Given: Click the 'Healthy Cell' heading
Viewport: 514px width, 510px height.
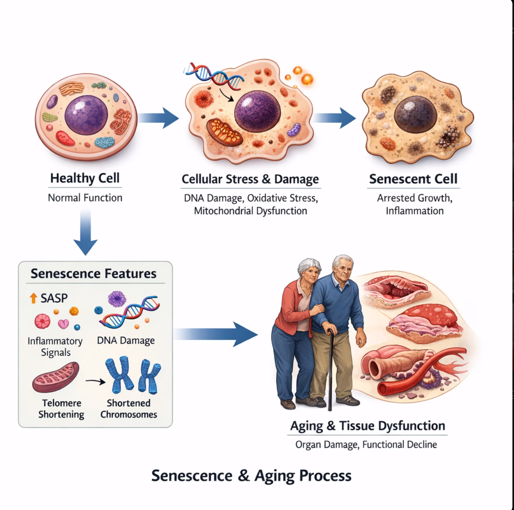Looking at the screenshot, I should (84, 178).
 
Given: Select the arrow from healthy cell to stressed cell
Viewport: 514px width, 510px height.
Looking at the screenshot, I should (158, 118).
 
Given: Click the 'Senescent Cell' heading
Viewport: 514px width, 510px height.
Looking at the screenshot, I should (413, 179).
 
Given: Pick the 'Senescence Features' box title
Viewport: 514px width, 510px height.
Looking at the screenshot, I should (93, 273).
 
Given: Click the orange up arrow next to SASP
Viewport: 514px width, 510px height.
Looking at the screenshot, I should (33, 298).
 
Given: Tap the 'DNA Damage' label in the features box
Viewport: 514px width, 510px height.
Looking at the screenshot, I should (126, 341).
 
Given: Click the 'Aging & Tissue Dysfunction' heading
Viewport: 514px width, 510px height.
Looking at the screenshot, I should (367, 426).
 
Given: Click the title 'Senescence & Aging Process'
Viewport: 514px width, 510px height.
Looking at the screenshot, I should (251, 476).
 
